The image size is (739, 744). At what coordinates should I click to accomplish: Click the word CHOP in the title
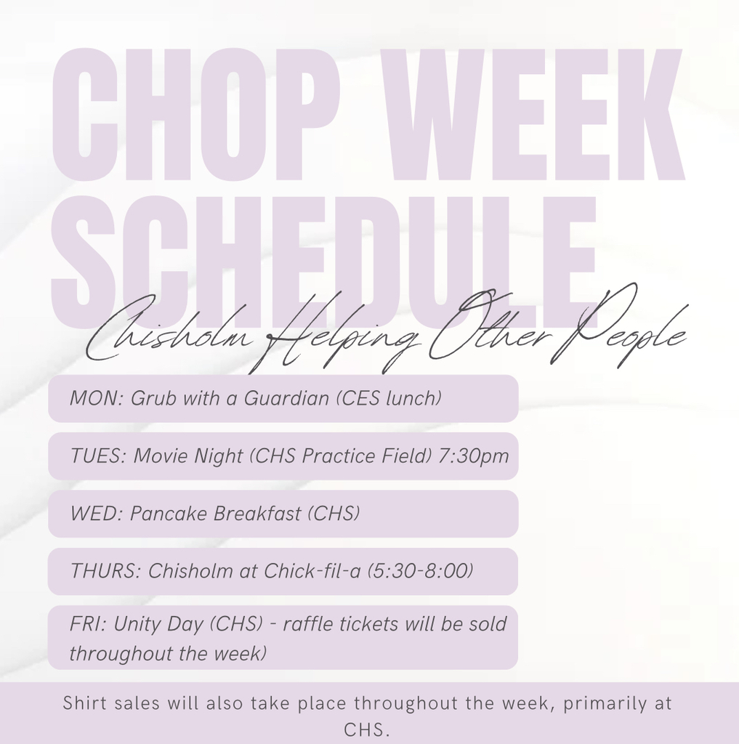pos(195,114)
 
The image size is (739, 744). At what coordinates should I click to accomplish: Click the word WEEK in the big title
pos(539,114)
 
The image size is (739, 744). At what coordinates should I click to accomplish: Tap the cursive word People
pos(617,328)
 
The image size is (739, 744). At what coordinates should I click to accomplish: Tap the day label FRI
pos(88,624)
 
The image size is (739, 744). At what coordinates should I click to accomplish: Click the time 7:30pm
pos(473,456)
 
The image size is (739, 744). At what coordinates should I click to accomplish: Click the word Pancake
pos(168,514)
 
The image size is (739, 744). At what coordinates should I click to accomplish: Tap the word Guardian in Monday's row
pos(287,398)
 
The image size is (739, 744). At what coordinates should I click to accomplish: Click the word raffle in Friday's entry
pos(310,624)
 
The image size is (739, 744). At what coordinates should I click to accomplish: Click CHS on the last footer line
pos(366,729)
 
